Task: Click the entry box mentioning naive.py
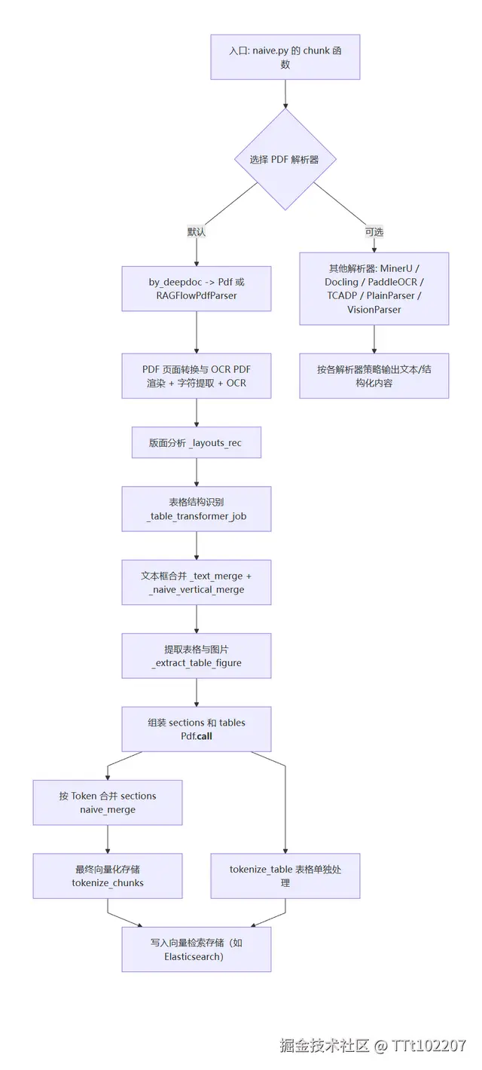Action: [x=285, y=57]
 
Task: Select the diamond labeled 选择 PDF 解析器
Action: [x=285, y=159]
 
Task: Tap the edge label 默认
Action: [x=197, y=232]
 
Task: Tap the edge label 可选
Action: [x=374, y=232]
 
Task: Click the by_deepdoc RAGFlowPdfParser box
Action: [x=197, y=289]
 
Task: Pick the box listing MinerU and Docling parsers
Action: [x=374, y=289]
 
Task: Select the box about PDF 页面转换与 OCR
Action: [x=197, y=376]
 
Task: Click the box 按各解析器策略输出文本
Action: [x=374, y=376]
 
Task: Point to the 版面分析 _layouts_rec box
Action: [x=197, y=442]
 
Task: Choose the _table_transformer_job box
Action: [x=197, y=509]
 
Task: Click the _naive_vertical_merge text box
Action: [x=197, y=582]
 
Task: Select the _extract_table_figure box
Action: [x=197, y=656]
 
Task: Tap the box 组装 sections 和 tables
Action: [x=197, y=729]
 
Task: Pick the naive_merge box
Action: [x=108, y=802]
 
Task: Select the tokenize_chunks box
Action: [x=108, y=876]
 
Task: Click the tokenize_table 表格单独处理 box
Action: [x=285, y=876]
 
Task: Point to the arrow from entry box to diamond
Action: [x=285, y=93]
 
